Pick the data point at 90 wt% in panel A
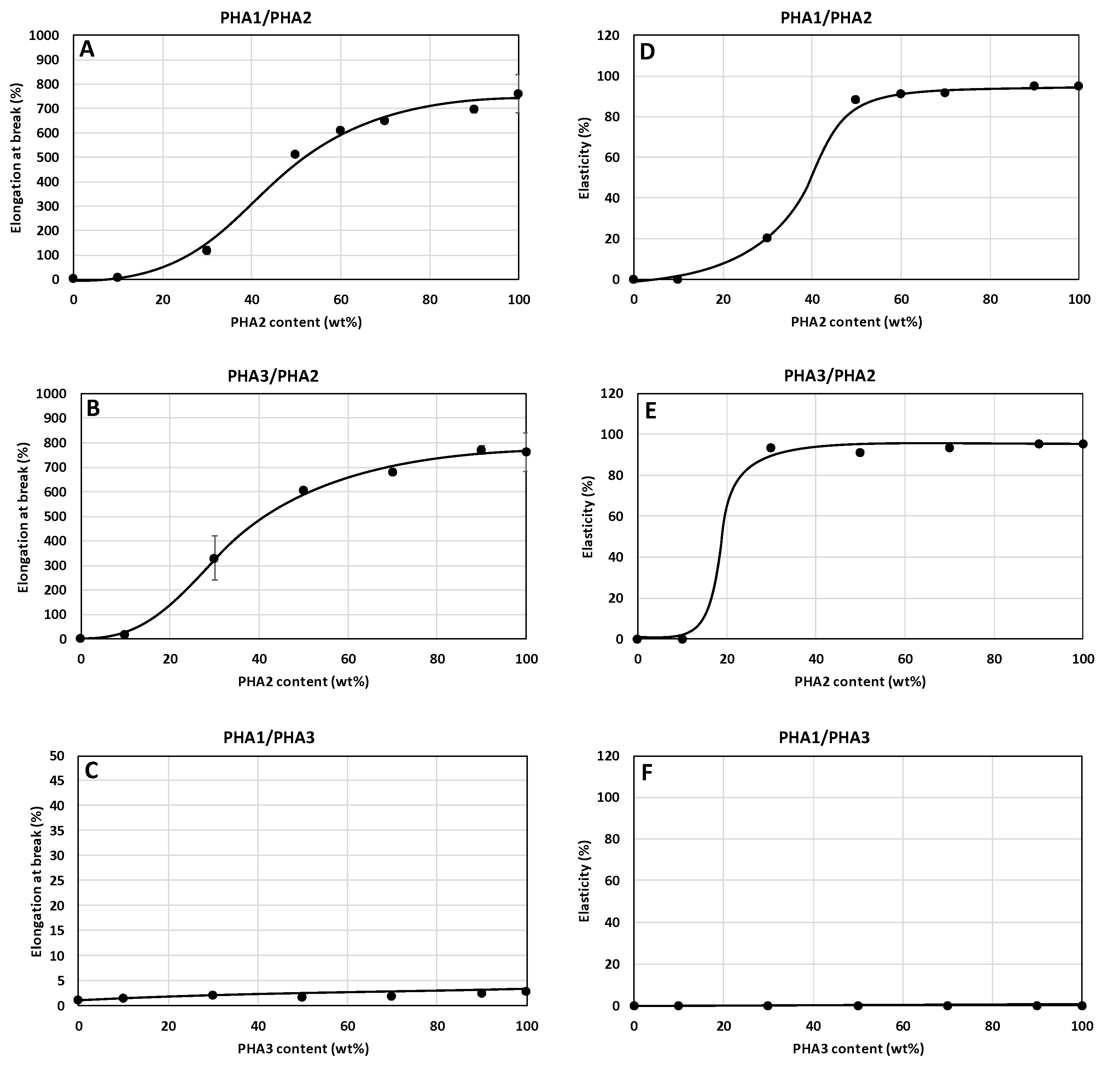(474, 109)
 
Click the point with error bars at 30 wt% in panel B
(214, 558)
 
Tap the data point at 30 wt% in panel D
(767, 238)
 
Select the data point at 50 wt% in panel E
(860, 452)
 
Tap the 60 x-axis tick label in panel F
(903, 1026)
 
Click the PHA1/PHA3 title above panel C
(269, 737)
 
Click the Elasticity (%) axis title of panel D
(584, 158)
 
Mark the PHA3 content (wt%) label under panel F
(858, 1049)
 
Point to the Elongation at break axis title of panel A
(17, 158)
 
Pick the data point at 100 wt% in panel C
(526, 991)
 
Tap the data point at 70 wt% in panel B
(392, 472)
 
